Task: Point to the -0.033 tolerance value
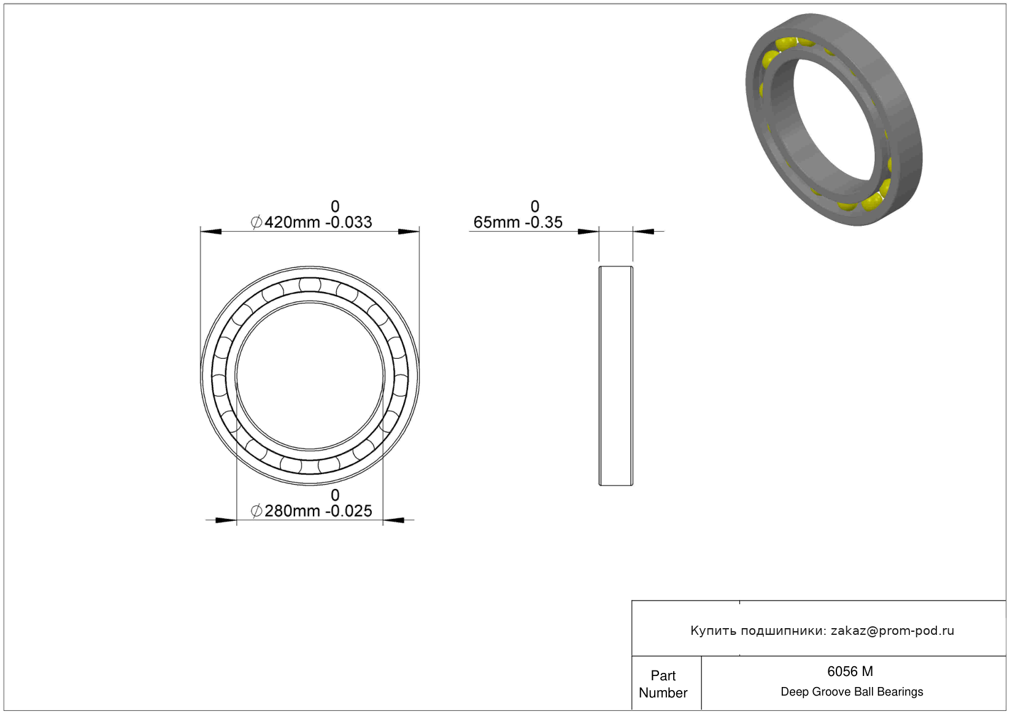(x=349, y=222)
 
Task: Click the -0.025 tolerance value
(x=349, y=511)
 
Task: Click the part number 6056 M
(x=850, y=672)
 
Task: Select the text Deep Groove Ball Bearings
(x=852, y=691)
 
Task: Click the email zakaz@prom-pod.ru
(x=892, y=631)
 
